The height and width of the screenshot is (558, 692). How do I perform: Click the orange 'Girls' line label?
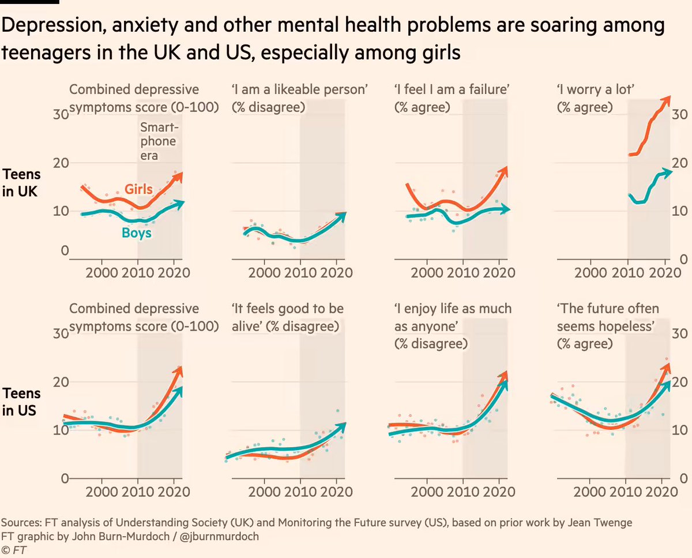click(x=140, y=190)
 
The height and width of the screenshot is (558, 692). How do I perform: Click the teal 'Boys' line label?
click(x=137, y=234)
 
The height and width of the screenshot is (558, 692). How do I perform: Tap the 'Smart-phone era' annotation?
click(x=160, y=141)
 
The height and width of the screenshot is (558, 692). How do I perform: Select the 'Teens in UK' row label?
click(x=21, y=183)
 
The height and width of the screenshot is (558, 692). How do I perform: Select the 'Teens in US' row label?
click(x=21, y=402)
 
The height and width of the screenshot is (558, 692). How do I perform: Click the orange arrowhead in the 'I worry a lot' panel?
click(x=666, y=99)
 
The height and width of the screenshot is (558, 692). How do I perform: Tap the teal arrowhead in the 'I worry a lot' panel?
click(x=667, y=172)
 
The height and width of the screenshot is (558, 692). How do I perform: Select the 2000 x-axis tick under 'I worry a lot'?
click(x=591, y=272)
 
